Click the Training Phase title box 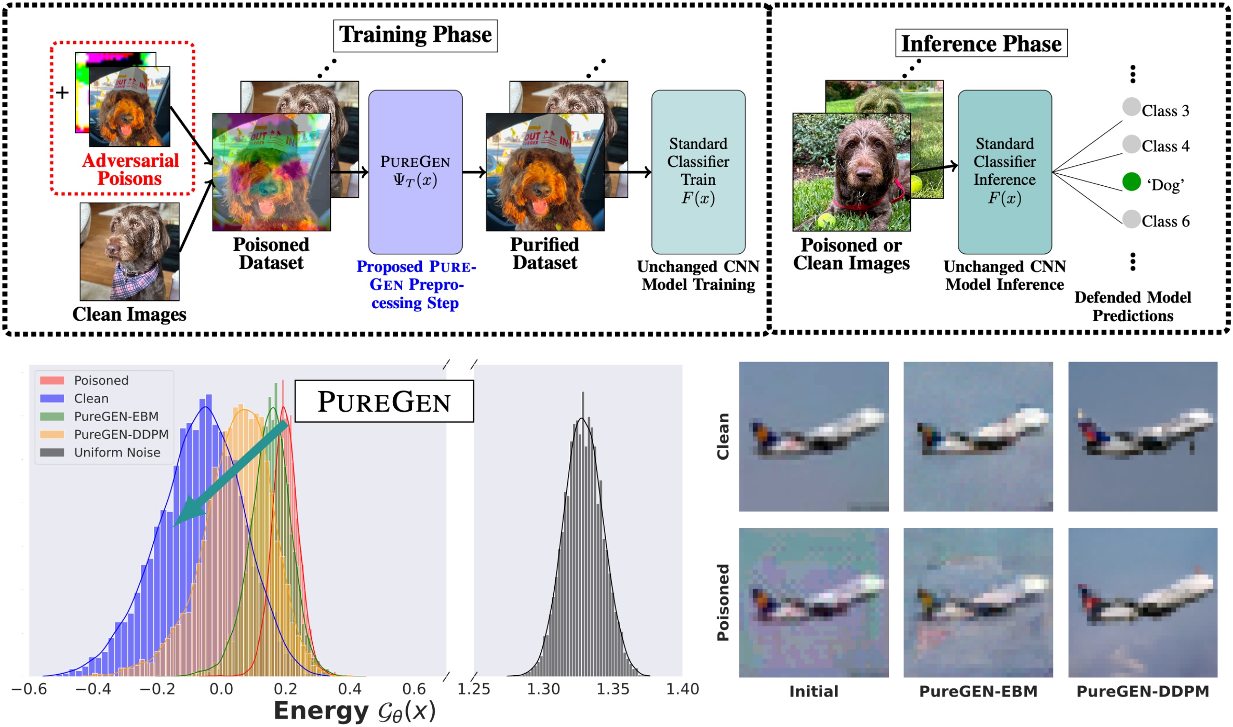click(415, 35)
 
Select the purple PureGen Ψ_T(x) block click(415, 172)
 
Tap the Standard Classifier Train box click(698, 172)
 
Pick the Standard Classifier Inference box click(1004, 172)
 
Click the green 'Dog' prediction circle click(1131, 182)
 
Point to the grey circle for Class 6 click(1131, 219)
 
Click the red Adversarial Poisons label click(130, 170)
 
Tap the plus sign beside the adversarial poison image click(62, 92)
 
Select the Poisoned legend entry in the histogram click(101, 381)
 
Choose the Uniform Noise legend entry click(117, 453)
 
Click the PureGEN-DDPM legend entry click(121, 434)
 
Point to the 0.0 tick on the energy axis click(221, 689)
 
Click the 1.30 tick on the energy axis click(543, 689)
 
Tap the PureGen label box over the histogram click(384, 401)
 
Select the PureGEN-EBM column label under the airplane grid click(978, 691)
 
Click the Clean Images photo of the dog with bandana click(129, 252)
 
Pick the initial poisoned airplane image click(814, 603)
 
